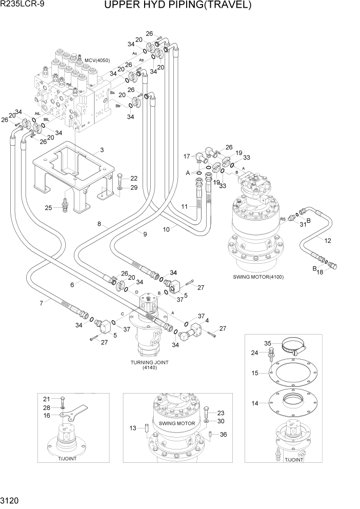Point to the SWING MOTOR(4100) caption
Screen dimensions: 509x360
(258, 277)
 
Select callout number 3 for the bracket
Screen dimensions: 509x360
(102, 150)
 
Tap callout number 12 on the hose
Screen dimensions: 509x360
(328, 240)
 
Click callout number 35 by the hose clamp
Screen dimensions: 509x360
(267, 343)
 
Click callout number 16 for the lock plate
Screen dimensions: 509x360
(46, 415)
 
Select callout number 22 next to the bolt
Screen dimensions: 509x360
(134, 178)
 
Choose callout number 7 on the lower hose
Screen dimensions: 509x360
(42, 303)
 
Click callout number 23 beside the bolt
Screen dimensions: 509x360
(221, 412)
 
